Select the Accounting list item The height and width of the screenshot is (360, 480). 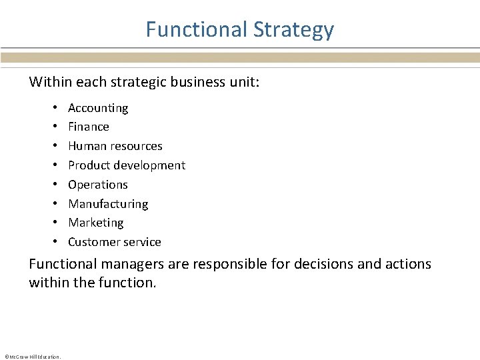pos(98,107)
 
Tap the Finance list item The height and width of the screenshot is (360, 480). pos(89,127)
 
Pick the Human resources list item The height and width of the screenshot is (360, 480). pos(115,146)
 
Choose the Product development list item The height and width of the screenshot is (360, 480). pos(127,165)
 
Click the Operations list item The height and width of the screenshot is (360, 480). pos(98,185)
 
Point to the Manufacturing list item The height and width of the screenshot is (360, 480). pos(108,203)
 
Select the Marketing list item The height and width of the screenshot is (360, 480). pos(96,223)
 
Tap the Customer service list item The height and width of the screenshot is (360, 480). pos(115,242)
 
